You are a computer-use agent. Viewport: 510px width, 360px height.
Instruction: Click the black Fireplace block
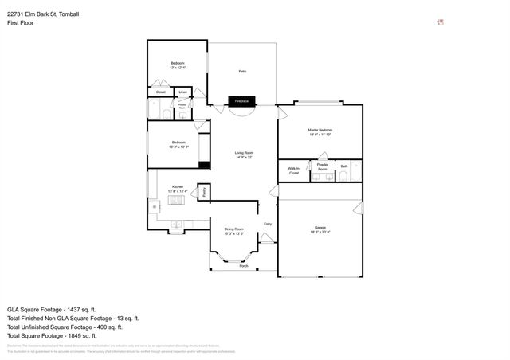[242, 101]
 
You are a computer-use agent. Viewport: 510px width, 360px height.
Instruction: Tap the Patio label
[242, 72]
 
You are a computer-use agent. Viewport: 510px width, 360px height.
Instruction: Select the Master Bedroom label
[320, 130]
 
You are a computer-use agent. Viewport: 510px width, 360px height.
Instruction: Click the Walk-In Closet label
[294, 170]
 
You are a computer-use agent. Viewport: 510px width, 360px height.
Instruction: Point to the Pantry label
[204, 191]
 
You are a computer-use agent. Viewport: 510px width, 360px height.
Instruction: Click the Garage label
[320, 228]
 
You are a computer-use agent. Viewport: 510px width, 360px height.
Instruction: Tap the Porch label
[244, 266]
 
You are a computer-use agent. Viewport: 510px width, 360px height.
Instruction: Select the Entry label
[268, 224]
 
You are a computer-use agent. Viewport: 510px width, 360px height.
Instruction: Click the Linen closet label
[183, 92]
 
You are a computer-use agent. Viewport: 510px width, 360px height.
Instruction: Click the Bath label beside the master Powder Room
[344, 167]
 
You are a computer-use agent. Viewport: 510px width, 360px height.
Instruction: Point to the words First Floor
[24, 24]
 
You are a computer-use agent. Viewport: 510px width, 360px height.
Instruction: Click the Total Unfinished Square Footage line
[65, 327]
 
